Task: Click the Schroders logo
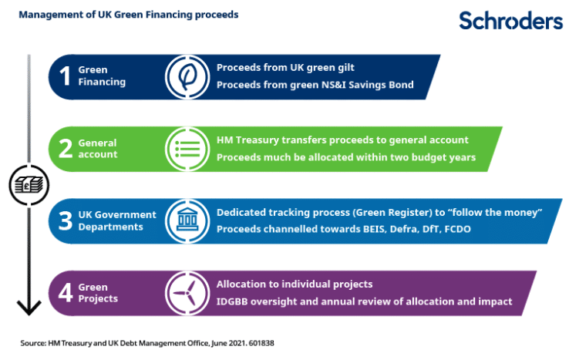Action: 510,20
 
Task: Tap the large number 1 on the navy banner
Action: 66,76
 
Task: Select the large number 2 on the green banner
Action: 66,149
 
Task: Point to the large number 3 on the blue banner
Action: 66,220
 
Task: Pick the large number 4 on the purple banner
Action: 66,292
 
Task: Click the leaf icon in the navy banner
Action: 187,77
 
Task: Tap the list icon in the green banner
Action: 187,149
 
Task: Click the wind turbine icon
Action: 187,293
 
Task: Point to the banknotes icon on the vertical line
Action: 29,185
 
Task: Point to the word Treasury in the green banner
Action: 257,140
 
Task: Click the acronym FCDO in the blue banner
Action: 458,230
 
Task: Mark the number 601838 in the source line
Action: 261,343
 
